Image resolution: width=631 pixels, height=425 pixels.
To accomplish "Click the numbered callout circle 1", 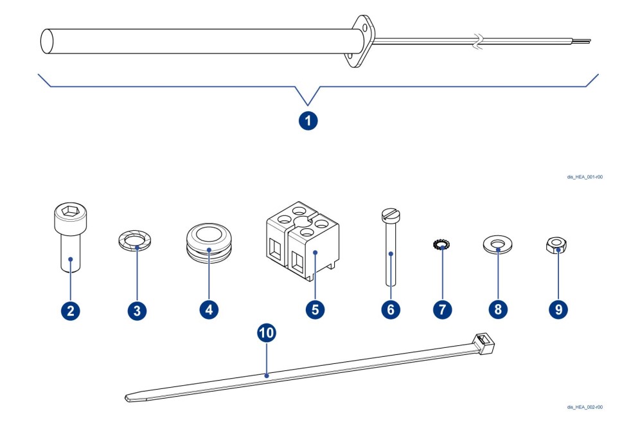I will (309, 120).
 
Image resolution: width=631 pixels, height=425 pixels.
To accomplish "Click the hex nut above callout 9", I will (557, 244).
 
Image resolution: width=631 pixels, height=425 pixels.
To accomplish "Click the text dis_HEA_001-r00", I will (586, 177).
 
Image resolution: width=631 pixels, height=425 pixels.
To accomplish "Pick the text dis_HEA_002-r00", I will (586, 406).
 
